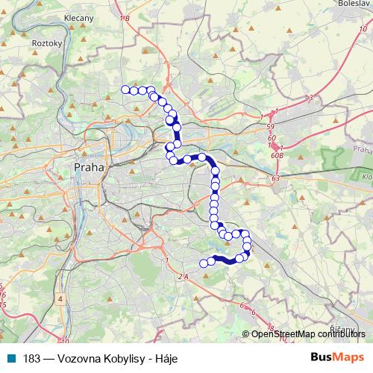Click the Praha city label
point(89,167)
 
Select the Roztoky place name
point(44,43)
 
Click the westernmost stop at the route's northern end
point(125,90)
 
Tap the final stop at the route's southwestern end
point(202,262)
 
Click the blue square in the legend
point(10,358)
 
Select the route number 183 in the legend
point(32,358)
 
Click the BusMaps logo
point(339,357)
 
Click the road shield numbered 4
point(59,298)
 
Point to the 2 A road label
point(184,277)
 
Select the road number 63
point(275,179)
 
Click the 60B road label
point(277,155)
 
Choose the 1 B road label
point(123,16)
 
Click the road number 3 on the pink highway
point(310,98)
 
